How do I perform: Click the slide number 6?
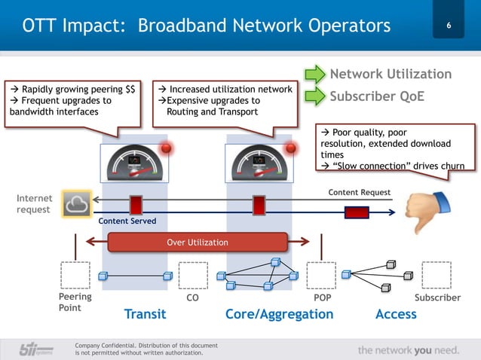[x=449, y=28]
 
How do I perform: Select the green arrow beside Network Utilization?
[x=314, y=74]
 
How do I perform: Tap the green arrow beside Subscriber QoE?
[x=314, y=96]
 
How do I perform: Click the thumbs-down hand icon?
[x=429, y=206]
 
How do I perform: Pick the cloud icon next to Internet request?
[x=78, y=203]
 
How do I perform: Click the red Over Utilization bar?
[x=198, y=242]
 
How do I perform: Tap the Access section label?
[x=395, y=314]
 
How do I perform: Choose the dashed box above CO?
[x=192, y=275]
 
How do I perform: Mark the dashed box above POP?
[x=321, y=275]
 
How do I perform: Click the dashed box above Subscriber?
[x=437, y=275]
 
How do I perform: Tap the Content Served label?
[x=127, y=221]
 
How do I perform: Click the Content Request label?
[x=359, y=193]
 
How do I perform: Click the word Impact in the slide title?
[x=89, y=26]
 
